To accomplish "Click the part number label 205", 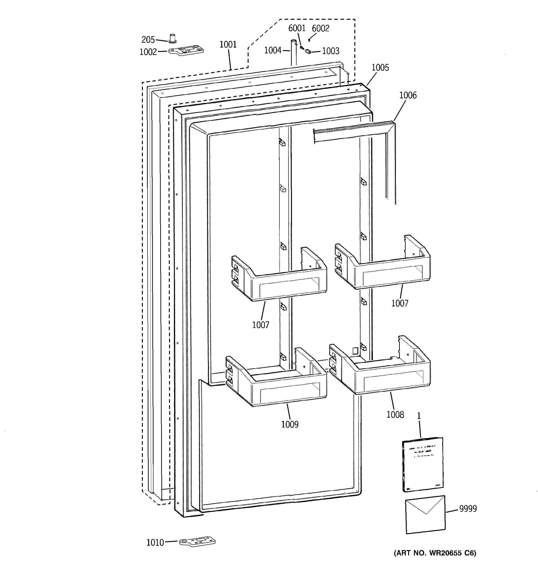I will (x=148, y=40).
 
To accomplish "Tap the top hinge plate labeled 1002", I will (x=186, y=50).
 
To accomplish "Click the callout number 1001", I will (x=228, y=45).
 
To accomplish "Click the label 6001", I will (x=297, y=28).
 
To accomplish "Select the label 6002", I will (x=320, y=28).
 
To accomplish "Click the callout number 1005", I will (x=380, y=67).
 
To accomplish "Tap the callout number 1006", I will (x=408, y=95).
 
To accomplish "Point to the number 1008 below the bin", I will (x=395, y=415).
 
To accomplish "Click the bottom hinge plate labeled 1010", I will (x=198, y=542).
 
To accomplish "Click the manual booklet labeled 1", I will (x=423, y=465).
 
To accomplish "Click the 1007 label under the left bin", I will (x=260, y=325).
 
